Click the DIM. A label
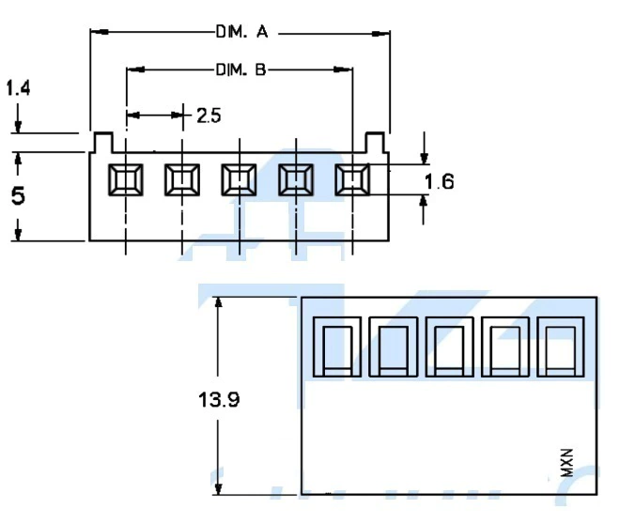[x=241, y=33]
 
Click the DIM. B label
[x=241, y=69]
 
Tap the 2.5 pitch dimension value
[x=209, y=116]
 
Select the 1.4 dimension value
[x=18, y=88]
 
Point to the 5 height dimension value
[x=18, y=195]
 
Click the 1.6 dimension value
[x=439, y=181]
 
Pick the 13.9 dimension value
[x=219, y=399]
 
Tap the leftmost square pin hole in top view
[x=125, y=178]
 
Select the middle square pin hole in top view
[x=239, y=178]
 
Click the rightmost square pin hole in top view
[x=352, y=178]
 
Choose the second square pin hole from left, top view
[x=182, y=178]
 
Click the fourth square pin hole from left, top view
[x=296, y=178]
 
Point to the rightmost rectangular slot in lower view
[x=562, y=346]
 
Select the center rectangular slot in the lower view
[x=450, y=346]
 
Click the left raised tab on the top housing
[x=102, y=142]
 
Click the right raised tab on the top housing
[x=376, y=142]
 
